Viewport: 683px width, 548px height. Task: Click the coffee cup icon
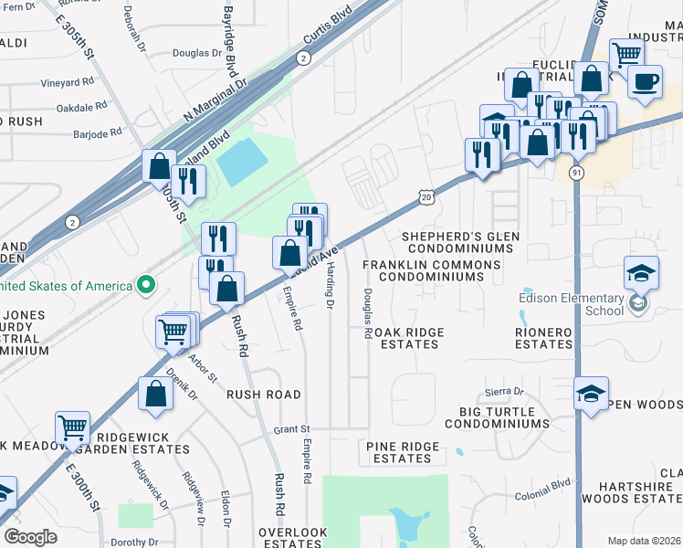click(646, 81)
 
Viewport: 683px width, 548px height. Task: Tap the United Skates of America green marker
click(145, 286)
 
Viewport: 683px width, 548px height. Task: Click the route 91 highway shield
click(575, 173)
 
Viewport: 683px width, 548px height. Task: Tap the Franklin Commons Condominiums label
click(431, 270)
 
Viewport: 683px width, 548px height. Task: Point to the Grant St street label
click(292, 428)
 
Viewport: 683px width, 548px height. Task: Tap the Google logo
click(30, 537)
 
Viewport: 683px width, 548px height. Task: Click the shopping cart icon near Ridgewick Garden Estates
click(72, 426)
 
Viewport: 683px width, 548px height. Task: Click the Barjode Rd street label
click(97, 133)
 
